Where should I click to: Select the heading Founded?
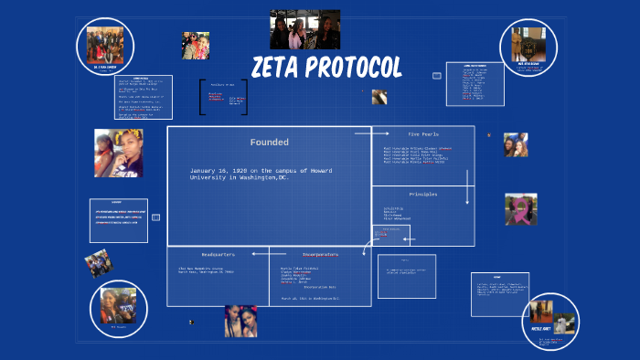[270, 143]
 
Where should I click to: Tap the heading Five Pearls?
[423, 133]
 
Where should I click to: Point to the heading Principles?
[423, 195]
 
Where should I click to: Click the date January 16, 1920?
[225, 171]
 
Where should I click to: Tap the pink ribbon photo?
[520, 209]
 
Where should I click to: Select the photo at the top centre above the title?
[304, 29]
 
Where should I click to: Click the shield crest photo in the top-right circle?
[529, 44]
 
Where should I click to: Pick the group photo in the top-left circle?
[105, 43]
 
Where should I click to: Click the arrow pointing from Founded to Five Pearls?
[367, 133]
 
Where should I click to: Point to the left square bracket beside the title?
[202, 97]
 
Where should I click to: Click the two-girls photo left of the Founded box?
[118, 153]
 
